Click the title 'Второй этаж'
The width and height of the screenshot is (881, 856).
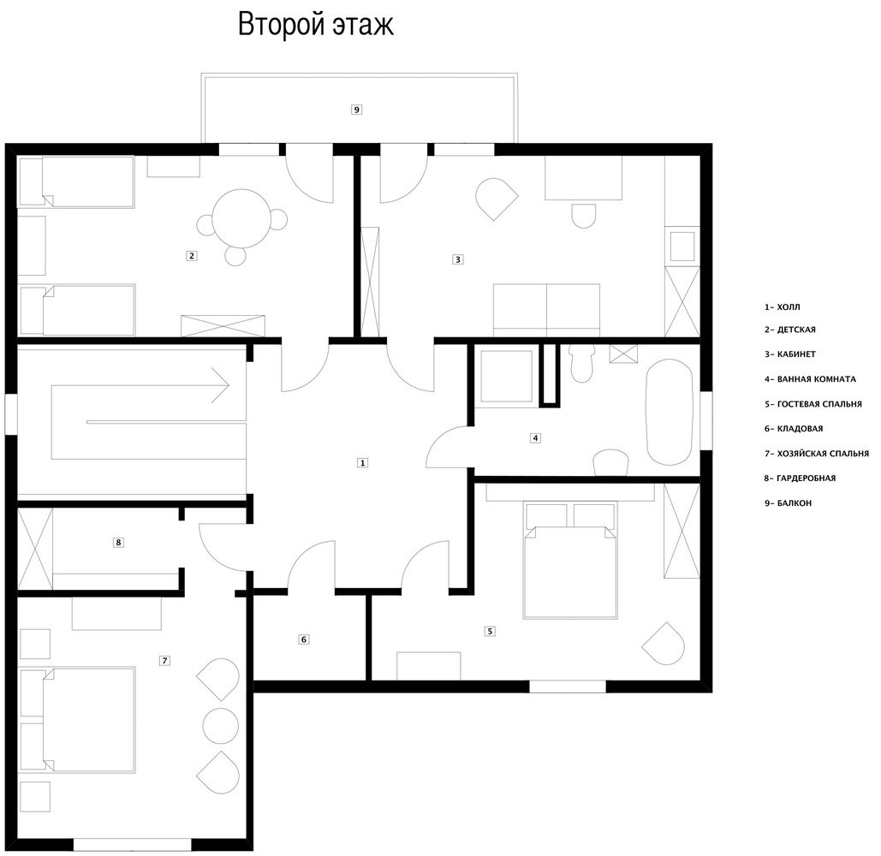[316, 25]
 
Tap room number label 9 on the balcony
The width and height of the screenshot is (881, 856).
[356, 110]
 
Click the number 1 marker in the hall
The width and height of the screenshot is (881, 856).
[362, 463]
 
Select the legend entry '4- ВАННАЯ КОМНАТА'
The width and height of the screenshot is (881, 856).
[810, 379]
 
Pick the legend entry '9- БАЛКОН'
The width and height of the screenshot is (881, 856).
[788, 503]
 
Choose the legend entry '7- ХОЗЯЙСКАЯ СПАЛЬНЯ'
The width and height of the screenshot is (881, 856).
[817, 454]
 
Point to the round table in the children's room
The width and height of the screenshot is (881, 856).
[239, 218]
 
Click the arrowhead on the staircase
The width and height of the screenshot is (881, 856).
[221, 385]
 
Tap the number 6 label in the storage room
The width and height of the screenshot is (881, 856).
[303, 639]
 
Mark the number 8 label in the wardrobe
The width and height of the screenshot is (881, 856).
[118, 543]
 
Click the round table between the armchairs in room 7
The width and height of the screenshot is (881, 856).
[220, 726]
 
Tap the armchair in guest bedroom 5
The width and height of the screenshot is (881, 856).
[664, 644]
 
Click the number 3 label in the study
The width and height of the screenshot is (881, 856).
[458, 259]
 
